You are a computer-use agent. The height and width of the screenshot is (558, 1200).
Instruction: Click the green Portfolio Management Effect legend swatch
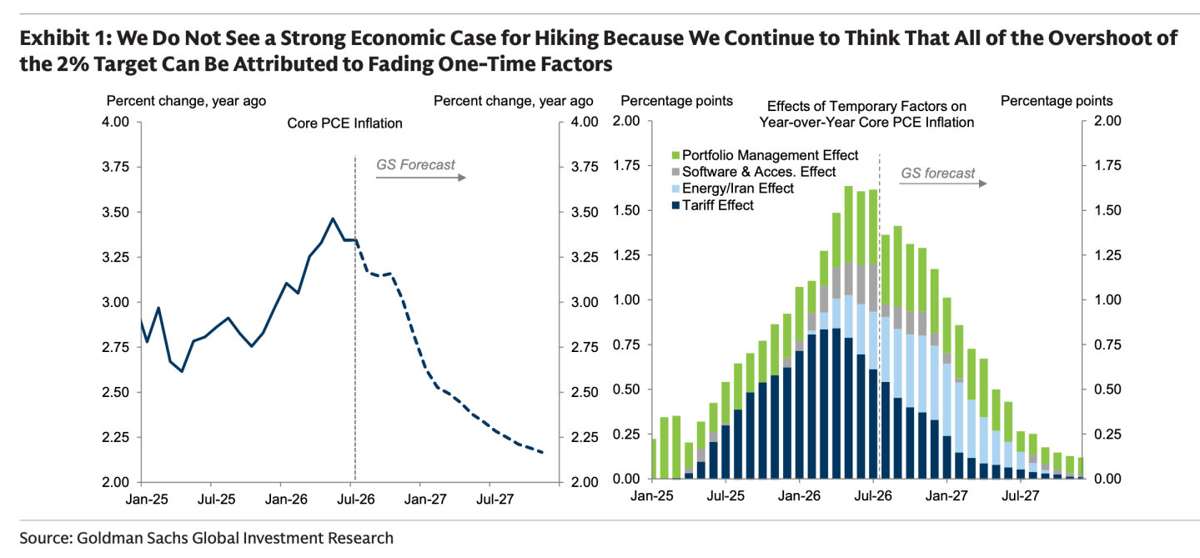pos(675,155)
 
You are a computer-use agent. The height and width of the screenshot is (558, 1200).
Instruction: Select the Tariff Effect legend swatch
pos(675,205)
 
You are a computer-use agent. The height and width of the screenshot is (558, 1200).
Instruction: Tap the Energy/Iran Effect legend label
pos(738,189)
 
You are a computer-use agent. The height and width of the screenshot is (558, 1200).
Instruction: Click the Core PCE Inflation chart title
pos(344,123)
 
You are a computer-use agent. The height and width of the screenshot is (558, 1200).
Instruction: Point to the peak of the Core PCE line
pos(333,219)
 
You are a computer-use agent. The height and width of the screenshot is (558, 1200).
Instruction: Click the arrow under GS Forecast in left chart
pos(421,178)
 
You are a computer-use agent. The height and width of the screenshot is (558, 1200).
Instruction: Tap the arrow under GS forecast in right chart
pos(943,183)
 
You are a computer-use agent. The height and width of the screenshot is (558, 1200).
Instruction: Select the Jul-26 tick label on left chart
pos(356,499)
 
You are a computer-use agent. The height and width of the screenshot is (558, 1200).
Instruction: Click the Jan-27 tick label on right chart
pos(946,495)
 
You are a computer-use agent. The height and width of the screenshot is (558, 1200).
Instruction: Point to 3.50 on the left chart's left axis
pos(116,212)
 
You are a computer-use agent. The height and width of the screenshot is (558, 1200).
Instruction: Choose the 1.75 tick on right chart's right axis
pos(1107,166)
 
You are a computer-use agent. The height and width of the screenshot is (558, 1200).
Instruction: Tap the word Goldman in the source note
pos(109,538)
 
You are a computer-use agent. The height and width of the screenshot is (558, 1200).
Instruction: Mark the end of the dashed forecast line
pos(543,453)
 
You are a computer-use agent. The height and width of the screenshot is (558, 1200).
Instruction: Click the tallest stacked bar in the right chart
pos(849,332)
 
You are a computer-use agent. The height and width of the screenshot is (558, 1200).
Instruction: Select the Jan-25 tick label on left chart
pos(147,499)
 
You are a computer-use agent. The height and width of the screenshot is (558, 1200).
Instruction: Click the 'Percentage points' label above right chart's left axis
pos(676,101)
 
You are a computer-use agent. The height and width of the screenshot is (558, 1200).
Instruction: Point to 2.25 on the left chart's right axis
pos(585,437)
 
